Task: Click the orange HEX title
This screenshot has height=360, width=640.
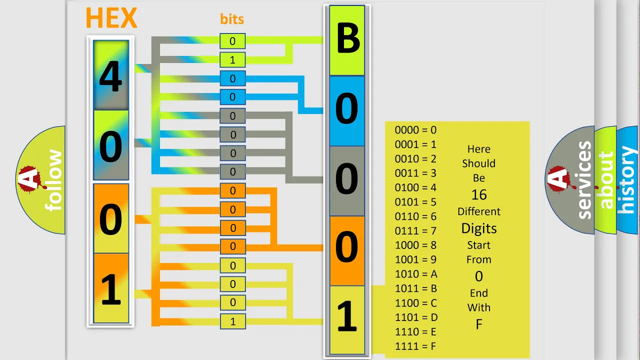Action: pyautogui.click(x=111, y=17)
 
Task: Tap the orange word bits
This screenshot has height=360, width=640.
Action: pyautogui.click(x=232, y=19)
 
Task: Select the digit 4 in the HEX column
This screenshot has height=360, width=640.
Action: pyautogui.click(x=111, y=76)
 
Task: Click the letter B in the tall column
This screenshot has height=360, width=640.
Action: pyautogui.click(x=348, y=38)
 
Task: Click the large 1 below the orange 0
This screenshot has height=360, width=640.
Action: pyautogui.click(x=347, y=315)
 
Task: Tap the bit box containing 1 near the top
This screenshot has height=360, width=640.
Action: pyautogui.click(x=232, y=59)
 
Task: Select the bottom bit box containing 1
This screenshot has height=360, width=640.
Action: pyautogui.click(x=233, y=321)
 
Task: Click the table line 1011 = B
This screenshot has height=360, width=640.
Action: pyautogui.click(x=416, y=288)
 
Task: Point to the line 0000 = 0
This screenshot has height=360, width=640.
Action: pyautogui.click(x=415, y=130)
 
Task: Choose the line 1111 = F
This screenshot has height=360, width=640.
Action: pyautogui.click(x=415, y=346)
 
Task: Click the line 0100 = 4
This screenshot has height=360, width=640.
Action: pyautogui.click(x=415, y=187)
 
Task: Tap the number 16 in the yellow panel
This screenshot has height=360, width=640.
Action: pyautogui.click(x=479, y=195)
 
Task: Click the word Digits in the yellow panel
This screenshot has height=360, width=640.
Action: pyautogui.click(x=479, y=228)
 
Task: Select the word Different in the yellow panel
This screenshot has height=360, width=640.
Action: pyautogui.click(x=479, y=211)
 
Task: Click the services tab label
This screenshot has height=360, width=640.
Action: pyautogui.click(x=584, y=180)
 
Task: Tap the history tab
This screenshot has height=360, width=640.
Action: pyautogui.click(x=627, y=180)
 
